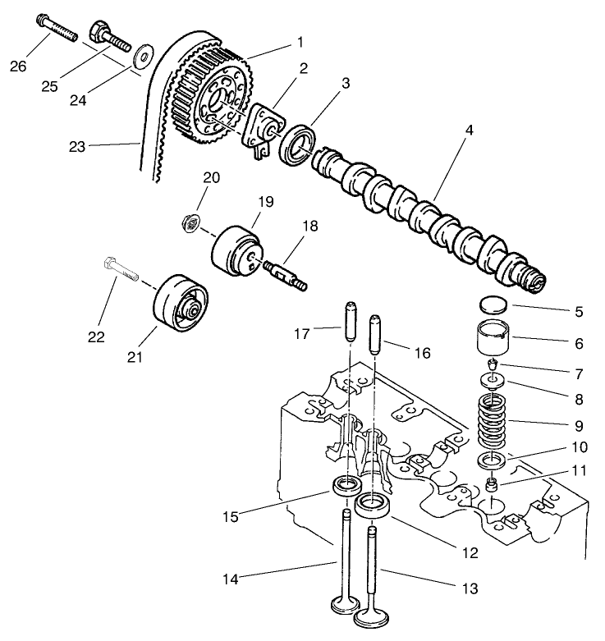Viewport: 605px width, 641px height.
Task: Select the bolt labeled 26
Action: tap(55, 27)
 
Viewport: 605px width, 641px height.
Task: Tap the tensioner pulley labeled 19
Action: tap(237, 249)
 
